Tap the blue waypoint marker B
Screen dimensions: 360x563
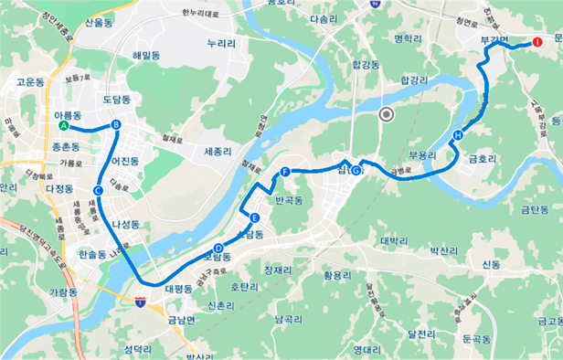click(x=116, y=125)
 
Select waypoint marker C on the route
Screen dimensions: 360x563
click(x=98, y=190)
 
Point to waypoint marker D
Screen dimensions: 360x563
click(x=218, y=248)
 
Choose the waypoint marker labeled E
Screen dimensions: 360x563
click(x=254, y=217)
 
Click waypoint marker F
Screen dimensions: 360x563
click(x=285, y=172)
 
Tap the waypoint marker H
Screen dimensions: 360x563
click(x=457, y=136)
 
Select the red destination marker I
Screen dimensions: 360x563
click(x=538, y=42)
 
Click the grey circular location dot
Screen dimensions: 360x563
click(x=386, y=114)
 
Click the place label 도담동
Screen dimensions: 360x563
click(x=117, y=99)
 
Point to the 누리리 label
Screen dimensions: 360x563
click(x=222, y=43)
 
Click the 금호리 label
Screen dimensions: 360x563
click(x=482, y=158)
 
